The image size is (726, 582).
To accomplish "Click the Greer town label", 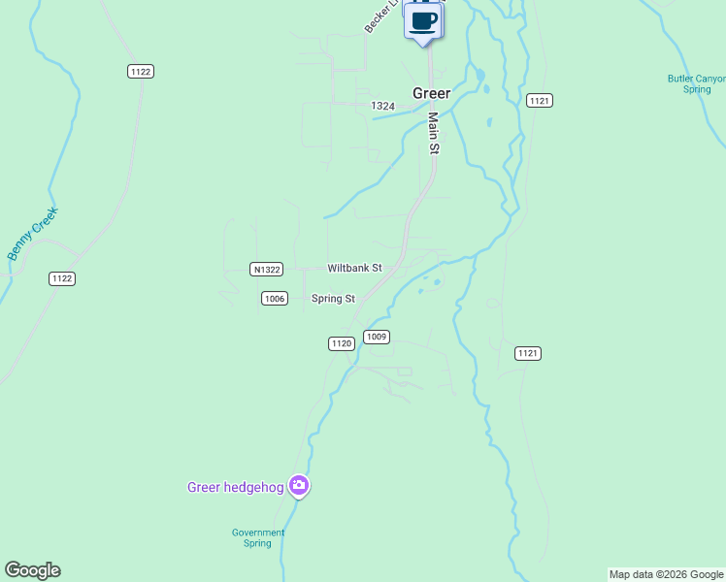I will [431, 93].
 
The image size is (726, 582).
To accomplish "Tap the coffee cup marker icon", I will [423, 20].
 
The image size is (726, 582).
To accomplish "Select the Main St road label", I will [434, 133].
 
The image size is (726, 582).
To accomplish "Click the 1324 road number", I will [382, 105].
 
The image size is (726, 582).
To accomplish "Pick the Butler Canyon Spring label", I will [696, 84].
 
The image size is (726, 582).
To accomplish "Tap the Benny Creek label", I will [32, 233].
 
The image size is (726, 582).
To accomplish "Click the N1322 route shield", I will [265, 269].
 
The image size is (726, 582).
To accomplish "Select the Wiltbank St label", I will [354, 268].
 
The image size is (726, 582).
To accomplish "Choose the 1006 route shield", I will [275, 299].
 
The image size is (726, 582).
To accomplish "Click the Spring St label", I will [333, 299].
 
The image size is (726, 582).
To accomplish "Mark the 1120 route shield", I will [341, 343].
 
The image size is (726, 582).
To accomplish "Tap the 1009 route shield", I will [377, 337].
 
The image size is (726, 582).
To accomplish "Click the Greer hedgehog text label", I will [235, 487].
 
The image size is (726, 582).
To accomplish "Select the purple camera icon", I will [299, 486].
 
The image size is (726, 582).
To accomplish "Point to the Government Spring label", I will [258, 537].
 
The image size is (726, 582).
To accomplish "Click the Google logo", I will [32, 570].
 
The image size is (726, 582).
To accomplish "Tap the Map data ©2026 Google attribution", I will [666, 574].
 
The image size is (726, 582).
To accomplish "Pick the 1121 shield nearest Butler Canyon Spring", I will [540, 101].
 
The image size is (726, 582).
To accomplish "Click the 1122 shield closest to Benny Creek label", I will [62, 278].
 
